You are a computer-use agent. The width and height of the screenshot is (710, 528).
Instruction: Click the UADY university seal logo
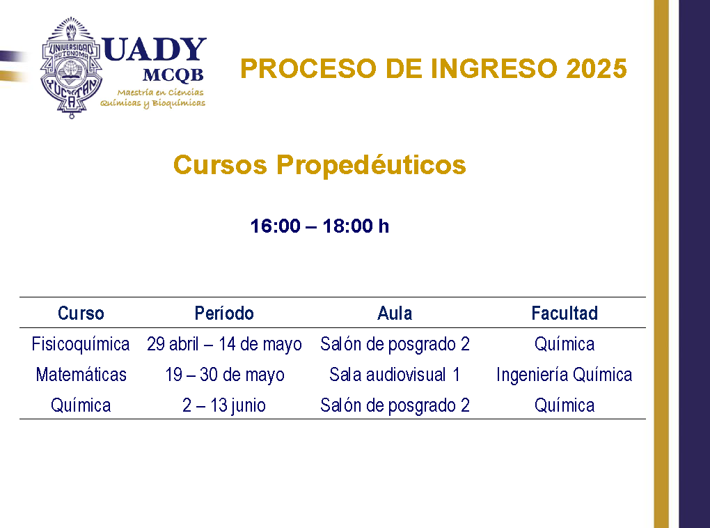(71, 68)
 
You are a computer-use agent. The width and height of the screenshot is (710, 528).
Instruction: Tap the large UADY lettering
(155, 50)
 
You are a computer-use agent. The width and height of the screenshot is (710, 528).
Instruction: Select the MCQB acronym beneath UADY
(173, 75)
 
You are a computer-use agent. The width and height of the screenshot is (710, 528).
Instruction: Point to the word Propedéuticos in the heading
(371, 165)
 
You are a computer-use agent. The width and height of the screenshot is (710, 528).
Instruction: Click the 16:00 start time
(276, 226)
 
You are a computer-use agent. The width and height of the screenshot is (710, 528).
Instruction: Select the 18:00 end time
(348, 226)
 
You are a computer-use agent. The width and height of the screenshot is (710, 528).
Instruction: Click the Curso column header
(81, 313)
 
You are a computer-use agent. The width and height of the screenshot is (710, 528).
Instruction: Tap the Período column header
(224, 313)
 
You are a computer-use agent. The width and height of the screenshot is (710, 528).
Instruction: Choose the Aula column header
(395, 313)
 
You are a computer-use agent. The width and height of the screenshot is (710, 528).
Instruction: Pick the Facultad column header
(565, 313)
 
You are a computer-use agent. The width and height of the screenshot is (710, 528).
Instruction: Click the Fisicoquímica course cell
(81, 344)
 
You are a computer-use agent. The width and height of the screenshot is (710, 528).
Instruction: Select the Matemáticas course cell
(81, 375)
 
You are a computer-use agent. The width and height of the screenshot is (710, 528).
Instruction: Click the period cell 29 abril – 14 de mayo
(224, 344)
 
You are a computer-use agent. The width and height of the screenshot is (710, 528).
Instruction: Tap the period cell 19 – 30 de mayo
(225, 375)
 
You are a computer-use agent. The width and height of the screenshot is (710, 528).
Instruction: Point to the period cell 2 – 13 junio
(224, 405)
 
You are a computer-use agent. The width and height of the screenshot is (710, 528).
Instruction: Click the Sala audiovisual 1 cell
(395, 375)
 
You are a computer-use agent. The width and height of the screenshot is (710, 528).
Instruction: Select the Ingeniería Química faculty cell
(565, 375)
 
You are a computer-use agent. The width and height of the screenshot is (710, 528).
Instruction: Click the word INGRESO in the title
(494, 69)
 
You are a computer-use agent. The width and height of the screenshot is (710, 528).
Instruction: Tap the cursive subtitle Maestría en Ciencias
(160, 93)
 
